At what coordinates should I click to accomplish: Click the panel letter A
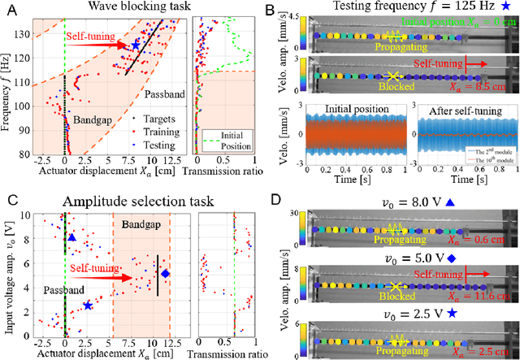point(9,8)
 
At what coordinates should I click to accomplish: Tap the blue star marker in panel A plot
point(136,46)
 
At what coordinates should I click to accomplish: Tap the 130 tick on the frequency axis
point(30,35)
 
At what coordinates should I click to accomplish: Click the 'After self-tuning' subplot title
point(459,107)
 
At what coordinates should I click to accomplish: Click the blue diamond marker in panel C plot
point(165,274)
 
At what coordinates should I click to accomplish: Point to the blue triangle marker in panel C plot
point(71,238)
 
